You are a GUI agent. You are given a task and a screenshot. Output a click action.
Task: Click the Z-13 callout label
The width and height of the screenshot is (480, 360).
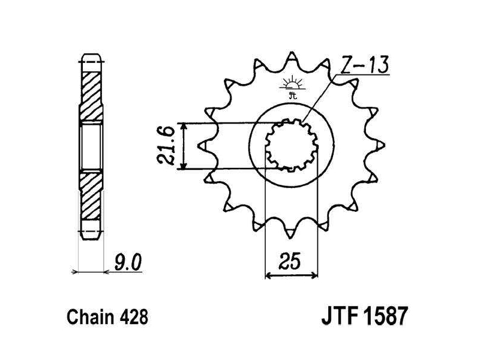(364, 65)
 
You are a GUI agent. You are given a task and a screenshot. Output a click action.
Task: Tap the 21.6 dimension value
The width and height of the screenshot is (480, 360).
(166, 145)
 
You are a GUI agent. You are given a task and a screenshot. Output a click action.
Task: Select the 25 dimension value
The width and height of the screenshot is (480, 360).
(290, 262)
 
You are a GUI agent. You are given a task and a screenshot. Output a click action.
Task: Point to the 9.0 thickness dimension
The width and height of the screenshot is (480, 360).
(128, 263)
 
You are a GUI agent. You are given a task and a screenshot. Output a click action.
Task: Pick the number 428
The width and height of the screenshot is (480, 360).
(134, 317)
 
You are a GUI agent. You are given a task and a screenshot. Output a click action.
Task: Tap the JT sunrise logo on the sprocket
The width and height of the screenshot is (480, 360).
(292, 87)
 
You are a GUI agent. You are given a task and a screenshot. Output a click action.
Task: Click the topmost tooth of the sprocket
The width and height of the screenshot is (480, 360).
(292, 56)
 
